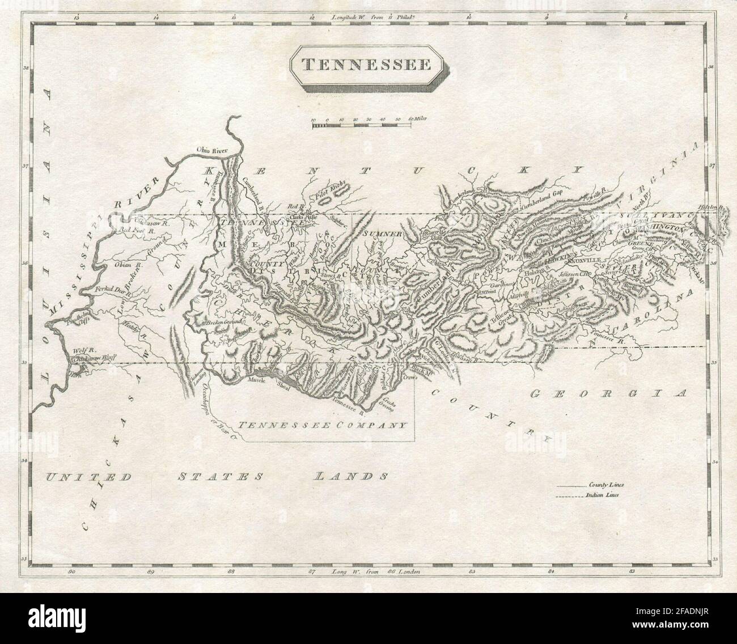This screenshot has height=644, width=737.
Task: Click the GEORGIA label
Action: click(x=608, y=393)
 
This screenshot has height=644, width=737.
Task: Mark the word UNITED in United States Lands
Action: click(x=86, y=476)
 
